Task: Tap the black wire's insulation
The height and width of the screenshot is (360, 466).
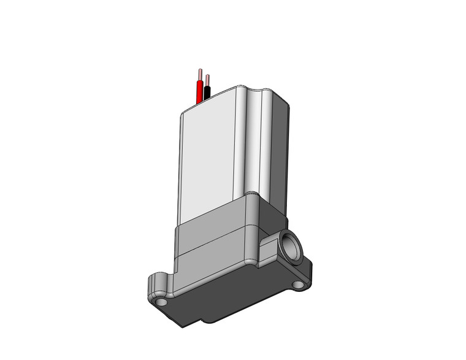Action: click(208, 93)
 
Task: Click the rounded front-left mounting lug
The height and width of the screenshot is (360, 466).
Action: click(156, 288)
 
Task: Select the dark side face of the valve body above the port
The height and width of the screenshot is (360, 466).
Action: click(273, 215)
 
